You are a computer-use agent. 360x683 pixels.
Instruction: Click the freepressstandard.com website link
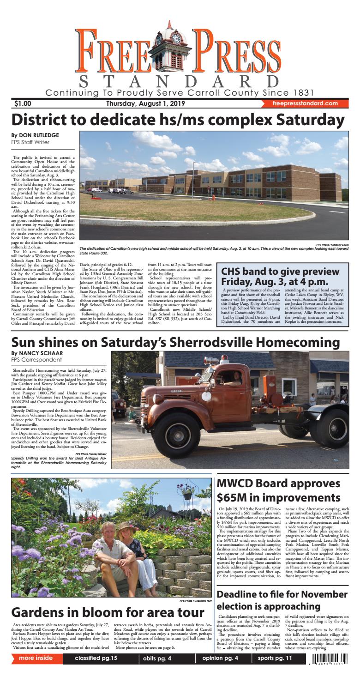(305, 104)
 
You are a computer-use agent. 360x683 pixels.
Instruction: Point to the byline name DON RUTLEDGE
(36, 135)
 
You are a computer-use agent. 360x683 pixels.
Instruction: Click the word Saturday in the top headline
(305, 120)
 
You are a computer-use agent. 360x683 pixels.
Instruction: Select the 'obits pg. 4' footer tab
(157, 671)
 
